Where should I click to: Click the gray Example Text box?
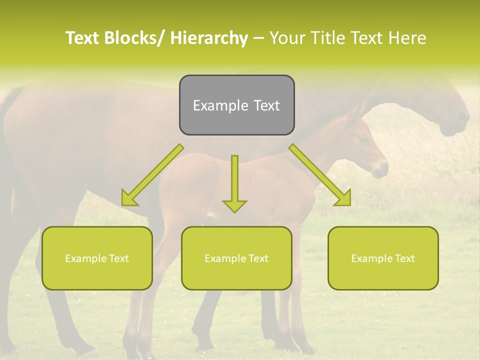click(236, 105)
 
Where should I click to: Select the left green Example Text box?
click(97, 258)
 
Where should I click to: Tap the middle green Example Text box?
click(236, 258)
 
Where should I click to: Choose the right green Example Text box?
click(383, 258)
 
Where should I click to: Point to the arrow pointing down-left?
click(152, 175)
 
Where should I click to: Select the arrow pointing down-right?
click(320, 175)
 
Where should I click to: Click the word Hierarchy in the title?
click(209, 38)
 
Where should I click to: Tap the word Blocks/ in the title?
click(134, 38)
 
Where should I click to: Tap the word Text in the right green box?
click(404, 258)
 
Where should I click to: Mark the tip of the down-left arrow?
click(123, 204)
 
